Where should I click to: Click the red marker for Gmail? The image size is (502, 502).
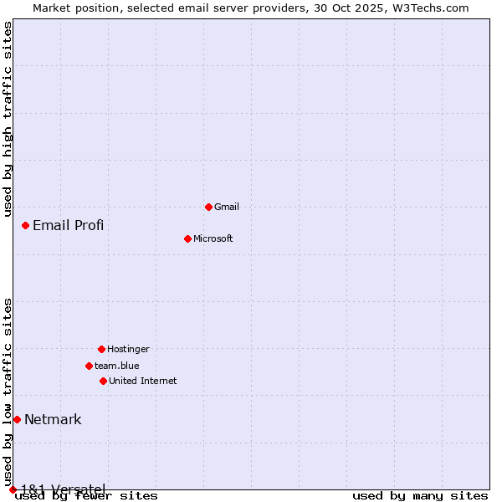pos(208,207)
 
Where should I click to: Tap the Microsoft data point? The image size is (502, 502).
pos(187,238)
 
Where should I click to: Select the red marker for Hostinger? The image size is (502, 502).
pos(101,349)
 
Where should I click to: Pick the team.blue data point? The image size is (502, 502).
pos(89,366)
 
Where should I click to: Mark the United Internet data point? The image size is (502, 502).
pos(103,381)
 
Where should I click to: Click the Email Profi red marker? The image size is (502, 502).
pos(25,225)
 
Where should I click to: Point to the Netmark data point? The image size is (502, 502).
pos(17,419)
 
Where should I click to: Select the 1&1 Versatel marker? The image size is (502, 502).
pos(13,489)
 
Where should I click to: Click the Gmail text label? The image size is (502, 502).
pos(227,207)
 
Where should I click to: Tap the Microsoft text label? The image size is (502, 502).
pos(213,238)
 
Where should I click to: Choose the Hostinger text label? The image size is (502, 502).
pos(128,349)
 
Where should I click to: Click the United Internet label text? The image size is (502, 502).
pos(142,381)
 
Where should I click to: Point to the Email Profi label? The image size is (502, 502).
pos(68,225)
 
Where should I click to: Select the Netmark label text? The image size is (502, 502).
pos(53,419)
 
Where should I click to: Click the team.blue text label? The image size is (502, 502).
pos(116,366)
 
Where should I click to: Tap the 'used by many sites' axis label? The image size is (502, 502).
pos(420,495)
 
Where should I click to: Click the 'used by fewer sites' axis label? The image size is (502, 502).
pos(86,495)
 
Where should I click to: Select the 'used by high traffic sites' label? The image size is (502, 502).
pos(8,119)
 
